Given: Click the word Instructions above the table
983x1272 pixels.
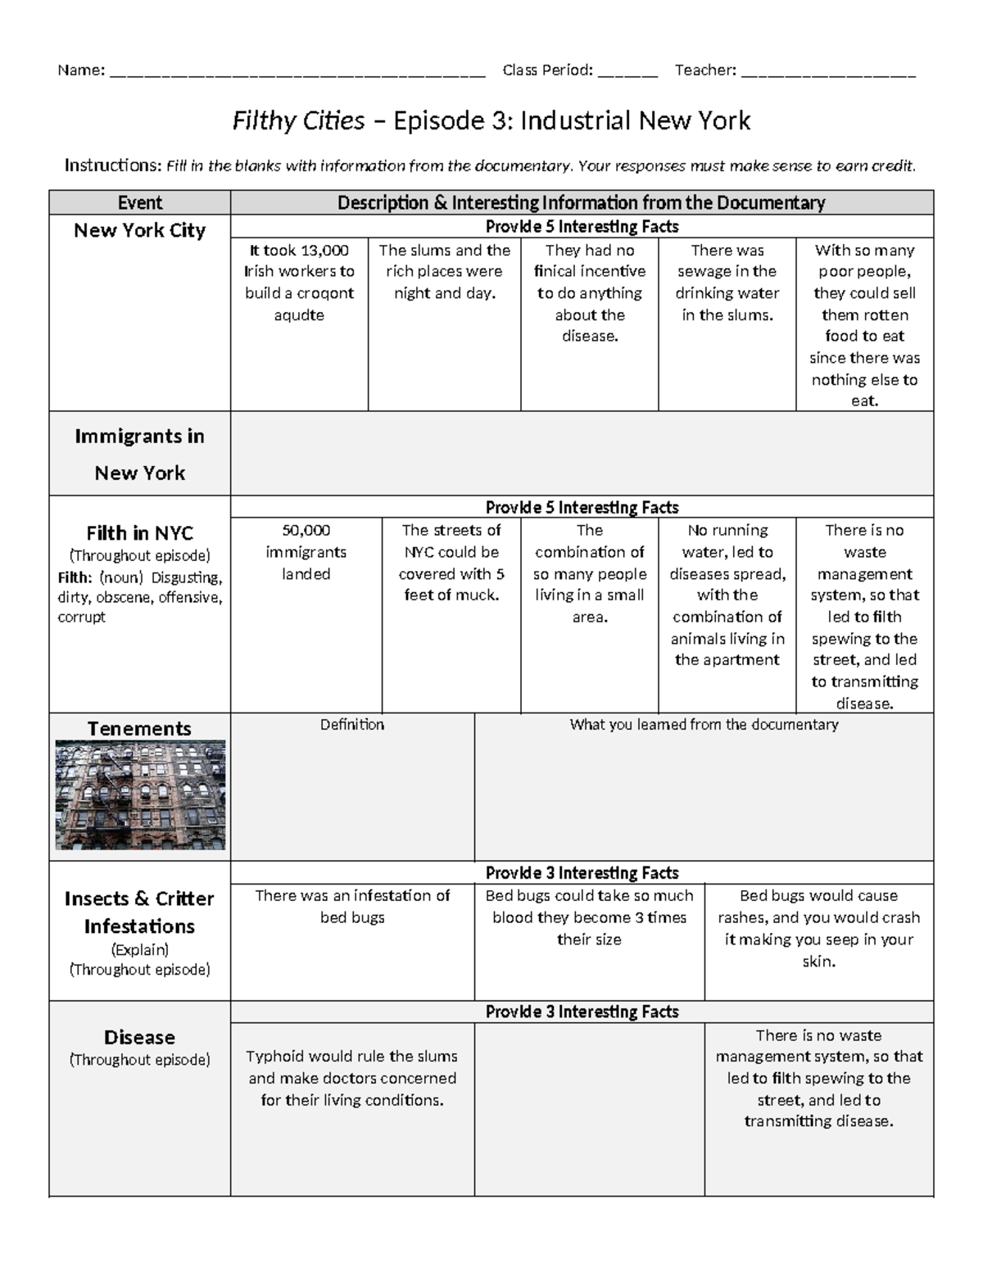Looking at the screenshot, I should pos(112,166).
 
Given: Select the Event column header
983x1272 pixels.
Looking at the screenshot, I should pos(139,202).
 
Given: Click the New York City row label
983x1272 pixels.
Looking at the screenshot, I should pos(139,230).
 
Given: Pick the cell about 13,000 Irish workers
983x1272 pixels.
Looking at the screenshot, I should pos(299,283).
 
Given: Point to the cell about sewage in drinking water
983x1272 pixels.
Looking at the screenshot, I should pos(727,283).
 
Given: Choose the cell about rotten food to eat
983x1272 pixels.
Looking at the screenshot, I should pos(864,325).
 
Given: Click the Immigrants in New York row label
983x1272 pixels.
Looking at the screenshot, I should pos(139,454).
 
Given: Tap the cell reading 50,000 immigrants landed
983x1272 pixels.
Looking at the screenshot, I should pos(306,552).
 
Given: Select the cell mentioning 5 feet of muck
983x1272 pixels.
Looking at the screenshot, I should pos(451,563).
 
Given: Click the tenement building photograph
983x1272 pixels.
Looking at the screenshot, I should pos(140,794).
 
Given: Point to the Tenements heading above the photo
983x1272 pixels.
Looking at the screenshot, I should pos(139,728).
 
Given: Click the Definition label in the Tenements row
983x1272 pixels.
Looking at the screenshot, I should pos(351,725).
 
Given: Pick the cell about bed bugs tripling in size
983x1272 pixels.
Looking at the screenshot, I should pos(589,917).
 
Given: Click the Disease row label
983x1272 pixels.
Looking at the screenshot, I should pos(139,1037).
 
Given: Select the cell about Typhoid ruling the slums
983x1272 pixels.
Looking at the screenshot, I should pos(352,1078).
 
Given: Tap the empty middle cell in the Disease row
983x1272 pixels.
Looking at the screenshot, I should pos(589,1109).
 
